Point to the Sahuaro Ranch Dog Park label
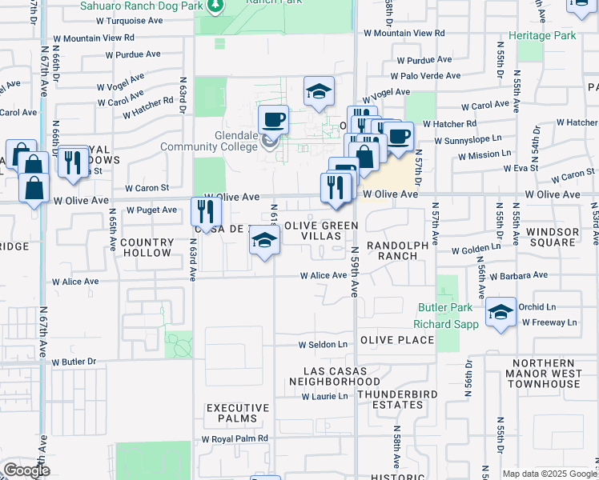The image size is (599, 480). [140, 6]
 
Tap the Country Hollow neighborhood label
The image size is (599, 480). [147, 247]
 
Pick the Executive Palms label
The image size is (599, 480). [231, 413]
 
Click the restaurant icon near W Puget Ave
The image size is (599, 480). [207, 211]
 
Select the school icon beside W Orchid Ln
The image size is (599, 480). [501, 311]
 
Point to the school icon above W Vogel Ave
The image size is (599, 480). [319, 90]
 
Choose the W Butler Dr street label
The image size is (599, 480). [74, 362]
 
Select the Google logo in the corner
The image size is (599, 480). [26, 471]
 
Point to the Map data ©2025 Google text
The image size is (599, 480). [549, 474]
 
